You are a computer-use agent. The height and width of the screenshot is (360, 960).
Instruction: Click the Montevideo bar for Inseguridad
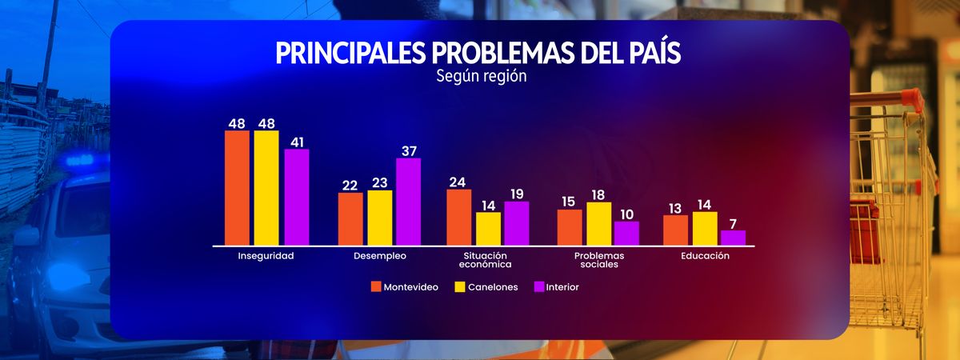237,188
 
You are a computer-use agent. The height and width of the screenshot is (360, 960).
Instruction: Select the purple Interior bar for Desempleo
408,202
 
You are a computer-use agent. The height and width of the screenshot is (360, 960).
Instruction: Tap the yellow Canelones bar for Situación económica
488,229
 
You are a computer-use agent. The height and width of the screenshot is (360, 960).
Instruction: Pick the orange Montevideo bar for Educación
675,230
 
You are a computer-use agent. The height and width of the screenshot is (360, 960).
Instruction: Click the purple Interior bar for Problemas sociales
626,234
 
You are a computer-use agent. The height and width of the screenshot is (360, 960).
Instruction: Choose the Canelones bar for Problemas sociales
598,224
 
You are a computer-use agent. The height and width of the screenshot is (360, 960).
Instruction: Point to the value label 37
410,150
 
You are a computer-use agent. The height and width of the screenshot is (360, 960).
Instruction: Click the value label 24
457,182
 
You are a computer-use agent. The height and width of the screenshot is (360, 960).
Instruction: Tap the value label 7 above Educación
733,223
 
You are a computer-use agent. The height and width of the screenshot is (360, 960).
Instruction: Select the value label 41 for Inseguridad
298,141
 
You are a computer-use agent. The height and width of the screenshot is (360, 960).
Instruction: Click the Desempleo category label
380,256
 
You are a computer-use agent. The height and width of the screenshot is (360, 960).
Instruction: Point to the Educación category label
705,256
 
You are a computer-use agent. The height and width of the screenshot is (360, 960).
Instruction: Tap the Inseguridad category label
266,256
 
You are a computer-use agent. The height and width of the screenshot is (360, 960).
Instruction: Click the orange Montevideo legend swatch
375,286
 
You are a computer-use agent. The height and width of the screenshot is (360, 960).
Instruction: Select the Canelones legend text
493,287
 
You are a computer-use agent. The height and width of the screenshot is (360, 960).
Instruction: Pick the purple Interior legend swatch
538,286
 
